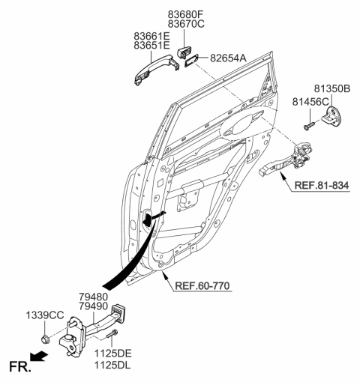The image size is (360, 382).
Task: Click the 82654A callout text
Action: [229, 57]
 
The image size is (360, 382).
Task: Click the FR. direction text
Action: [19, 367]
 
